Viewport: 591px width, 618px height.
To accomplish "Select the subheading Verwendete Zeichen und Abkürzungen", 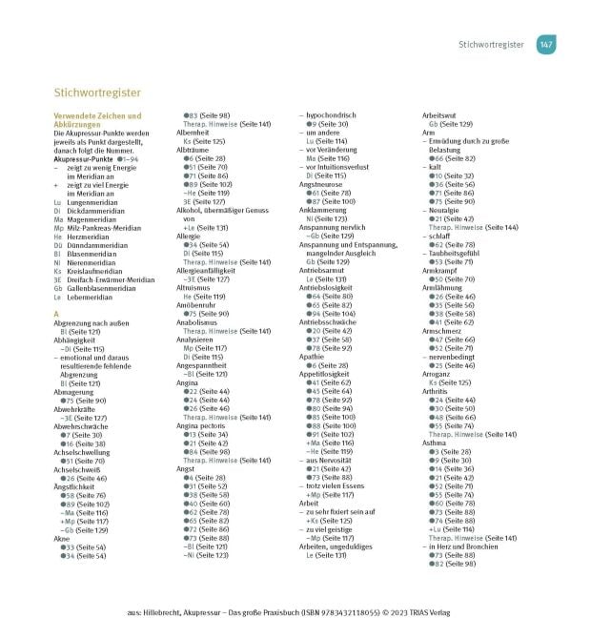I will tap(89, 119).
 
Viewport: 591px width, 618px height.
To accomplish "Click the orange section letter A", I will tap(57, 313).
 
